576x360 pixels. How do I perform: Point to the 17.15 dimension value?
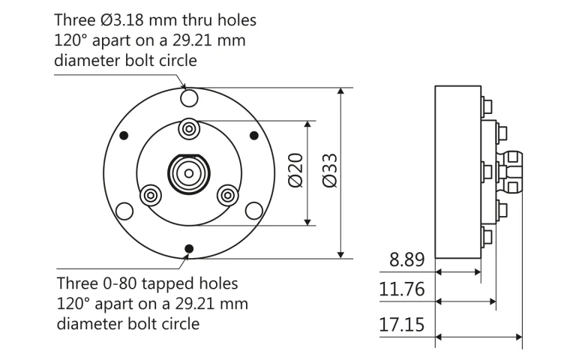(403, 325)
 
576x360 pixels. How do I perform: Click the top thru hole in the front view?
(189, 97)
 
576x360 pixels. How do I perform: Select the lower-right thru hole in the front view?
(254, 209)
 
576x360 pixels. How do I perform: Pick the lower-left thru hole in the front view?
(124, 210)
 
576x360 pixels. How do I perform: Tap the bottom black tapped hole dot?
(189, 248)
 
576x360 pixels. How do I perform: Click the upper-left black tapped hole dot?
(124, 135)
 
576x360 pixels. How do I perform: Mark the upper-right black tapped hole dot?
(253, 135)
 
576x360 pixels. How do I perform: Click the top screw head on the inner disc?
(189, 128)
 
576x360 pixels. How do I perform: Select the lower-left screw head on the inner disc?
(151, 194)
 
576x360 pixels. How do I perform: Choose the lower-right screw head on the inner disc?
(227, 194)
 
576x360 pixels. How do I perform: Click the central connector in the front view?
(189, 172)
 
